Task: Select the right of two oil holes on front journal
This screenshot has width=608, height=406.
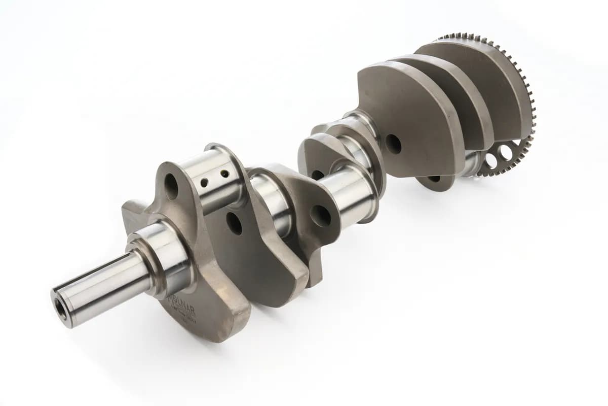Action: click(224, 174)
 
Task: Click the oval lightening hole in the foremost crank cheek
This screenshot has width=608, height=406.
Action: click(171, 187)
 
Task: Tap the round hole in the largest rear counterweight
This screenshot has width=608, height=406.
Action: click(393, 145)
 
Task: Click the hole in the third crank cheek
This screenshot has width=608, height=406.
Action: click(321, 216)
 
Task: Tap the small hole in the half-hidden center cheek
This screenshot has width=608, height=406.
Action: click(317, 175)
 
